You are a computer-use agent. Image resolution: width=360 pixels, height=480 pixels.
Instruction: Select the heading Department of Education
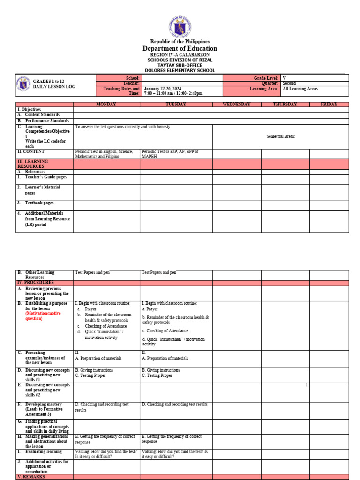pos(180,49)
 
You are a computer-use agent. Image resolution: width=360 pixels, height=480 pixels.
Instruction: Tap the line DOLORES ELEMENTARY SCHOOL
pos(180,71)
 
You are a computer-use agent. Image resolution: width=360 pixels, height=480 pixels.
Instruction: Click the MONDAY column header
pos(106,105)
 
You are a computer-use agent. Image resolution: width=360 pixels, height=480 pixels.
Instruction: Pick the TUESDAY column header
pos(176,105)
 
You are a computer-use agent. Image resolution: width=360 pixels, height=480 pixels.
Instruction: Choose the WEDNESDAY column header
pos(236,105)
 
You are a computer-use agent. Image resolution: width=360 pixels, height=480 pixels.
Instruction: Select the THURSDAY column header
pos(285,105)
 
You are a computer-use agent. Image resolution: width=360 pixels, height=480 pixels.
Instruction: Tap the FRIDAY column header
pos(329,105)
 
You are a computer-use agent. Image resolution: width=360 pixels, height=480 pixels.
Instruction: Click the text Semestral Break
pos(280,136)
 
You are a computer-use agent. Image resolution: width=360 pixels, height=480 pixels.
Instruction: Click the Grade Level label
pos(266,78)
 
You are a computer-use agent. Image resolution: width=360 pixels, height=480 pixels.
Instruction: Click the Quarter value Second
pos(289,83)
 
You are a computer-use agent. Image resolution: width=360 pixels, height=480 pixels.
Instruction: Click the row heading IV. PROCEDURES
pos(36,283)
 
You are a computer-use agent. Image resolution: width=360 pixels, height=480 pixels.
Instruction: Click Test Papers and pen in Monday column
pos(92,272)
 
